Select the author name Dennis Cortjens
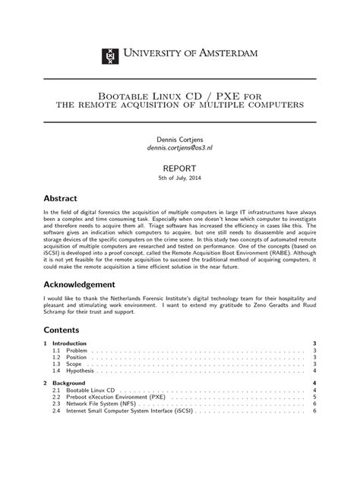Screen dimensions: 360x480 point(179,140)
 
